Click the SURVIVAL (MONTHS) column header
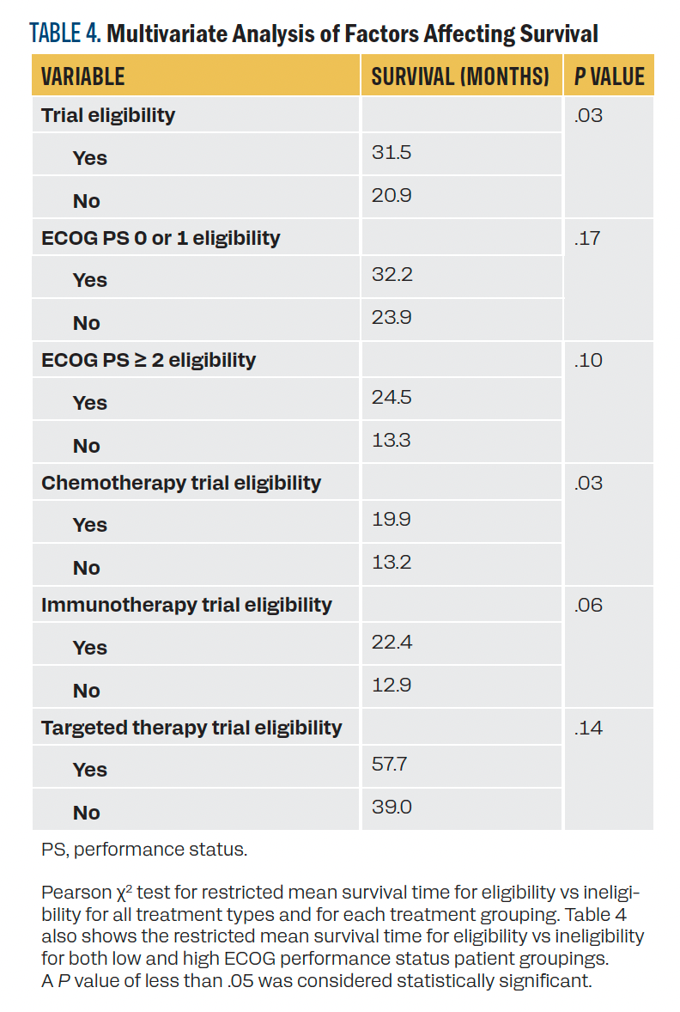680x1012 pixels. coord(460,76)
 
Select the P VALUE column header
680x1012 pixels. coord(609,76)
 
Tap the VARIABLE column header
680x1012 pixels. coord(83,76)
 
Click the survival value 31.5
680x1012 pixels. coord(392,153)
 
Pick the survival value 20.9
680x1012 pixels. coord(392,196)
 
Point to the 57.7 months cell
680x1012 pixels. coord(392,765)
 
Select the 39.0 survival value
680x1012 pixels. coord(392,808)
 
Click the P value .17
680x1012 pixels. coord(588,237)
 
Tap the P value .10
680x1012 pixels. coord(588,360)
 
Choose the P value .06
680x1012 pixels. coord(588,605)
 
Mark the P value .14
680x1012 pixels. coord(588,728)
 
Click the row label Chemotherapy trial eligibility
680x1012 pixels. coord(181,483)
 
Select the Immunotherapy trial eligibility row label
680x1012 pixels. coord(186,605)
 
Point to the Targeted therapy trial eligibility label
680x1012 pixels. coord(191,728)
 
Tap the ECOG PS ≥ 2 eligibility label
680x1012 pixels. coord(149,360)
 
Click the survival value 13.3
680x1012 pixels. coord(392,441)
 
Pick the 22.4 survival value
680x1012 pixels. coord(392,643)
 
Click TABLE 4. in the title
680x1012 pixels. coord(66,34)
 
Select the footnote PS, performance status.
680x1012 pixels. coord(144,850)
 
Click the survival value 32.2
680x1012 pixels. coord(392,275)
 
